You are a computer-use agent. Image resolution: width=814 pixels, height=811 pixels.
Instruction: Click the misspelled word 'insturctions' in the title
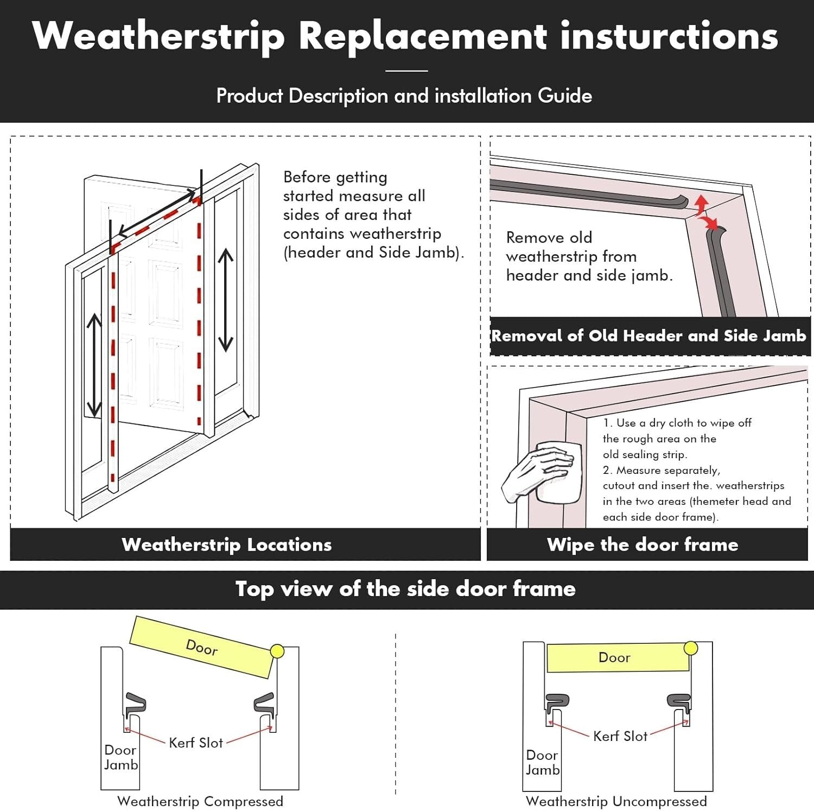(x=669, y=36)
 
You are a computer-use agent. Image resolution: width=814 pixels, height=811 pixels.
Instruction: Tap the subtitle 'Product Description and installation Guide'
(x=404, y=96)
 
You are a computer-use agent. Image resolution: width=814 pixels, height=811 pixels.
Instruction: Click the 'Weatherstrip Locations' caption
(x=226, y=544)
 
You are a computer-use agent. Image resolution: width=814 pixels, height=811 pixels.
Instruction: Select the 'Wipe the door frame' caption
(x=643, y=544)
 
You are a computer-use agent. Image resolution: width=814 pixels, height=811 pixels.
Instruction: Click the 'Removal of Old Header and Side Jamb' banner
(x=648, y=336)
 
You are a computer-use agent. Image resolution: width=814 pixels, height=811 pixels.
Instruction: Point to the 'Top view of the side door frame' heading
(x=405, y=589)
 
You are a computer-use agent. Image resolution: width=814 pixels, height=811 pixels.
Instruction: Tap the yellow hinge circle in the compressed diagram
(x=277, y=651)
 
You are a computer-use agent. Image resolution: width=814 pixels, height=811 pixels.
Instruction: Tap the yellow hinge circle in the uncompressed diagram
(x=690, y=648)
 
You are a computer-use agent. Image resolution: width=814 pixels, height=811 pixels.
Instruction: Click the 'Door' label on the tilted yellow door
(x=202, y=647)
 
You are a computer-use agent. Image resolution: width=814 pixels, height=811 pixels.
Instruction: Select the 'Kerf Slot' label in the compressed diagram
(x=195, y=743)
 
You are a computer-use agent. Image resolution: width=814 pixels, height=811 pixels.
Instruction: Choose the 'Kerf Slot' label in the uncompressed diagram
(x=620, y=736)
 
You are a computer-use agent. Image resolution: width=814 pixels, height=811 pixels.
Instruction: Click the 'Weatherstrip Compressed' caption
(x=200, y=801)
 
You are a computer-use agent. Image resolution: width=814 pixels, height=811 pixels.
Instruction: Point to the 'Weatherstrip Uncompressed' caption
(x=616, y=801)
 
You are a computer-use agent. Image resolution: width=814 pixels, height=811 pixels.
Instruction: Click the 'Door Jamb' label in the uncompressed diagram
(x=542, y=762)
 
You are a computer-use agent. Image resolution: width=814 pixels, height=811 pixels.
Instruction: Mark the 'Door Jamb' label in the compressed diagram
(x=120, y=757)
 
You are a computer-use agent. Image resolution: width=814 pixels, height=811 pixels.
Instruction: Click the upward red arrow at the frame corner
(x=702, y=205)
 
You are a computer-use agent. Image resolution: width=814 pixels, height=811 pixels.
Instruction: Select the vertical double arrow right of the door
(x=225, y=300)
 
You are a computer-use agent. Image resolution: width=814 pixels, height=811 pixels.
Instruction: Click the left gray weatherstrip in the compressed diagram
(x=135, y=704)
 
